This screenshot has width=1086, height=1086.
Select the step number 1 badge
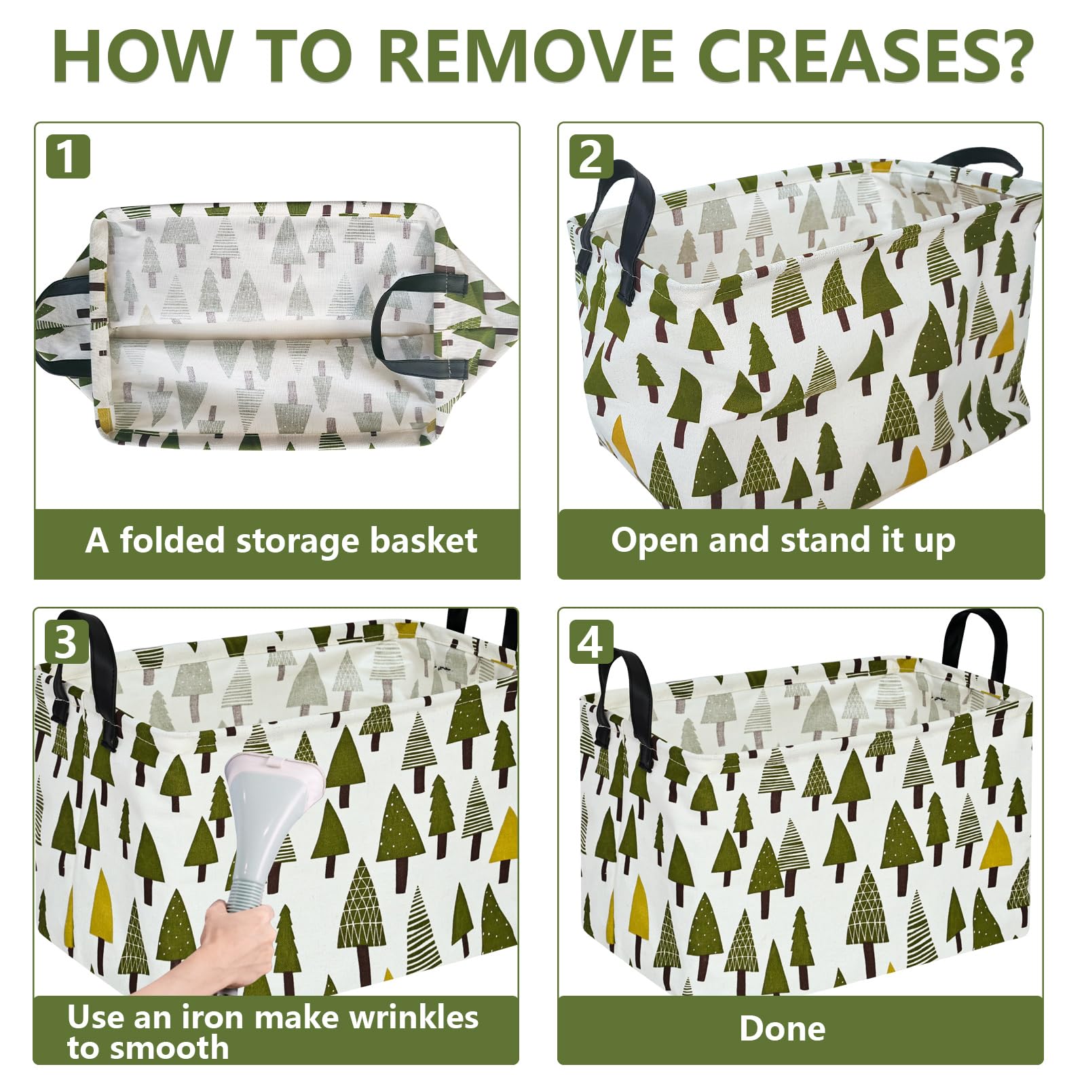(68, 157)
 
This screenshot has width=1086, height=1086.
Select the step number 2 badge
(591, 157)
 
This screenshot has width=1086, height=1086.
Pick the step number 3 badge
(66, 641)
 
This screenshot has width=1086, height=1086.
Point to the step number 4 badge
(591, 641)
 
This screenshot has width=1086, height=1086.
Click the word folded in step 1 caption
(172, 541)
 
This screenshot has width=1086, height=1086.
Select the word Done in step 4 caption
(783, 1028)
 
